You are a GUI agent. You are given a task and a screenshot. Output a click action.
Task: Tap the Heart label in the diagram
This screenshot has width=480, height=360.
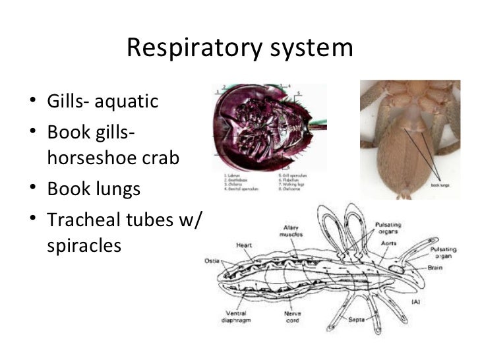[245, 245]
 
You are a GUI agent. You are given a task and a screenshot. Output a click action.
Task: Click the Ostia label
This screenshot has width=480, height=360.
[211, 260]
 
